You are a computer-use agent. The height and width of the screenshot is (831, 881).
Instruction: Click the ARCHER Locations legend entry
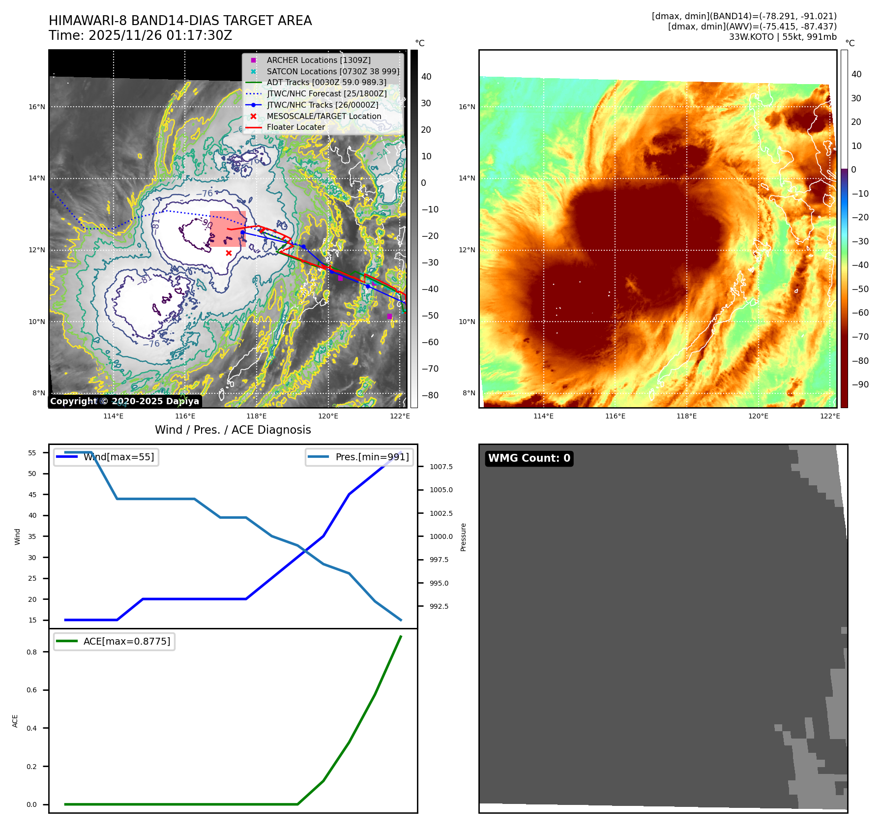pos(319,60)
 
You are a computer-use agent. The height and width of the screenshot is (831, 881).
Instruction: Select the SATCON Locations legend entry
pos(333,71)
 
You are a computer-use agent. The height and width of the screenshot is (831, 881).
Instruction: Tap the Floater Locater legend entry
pos(295,127)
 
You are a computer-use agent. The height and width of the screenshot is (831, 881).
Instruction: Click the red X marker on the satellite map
pos(229,253)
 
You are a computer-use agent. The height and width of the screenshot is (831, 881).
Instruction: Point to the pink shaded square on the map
pos(228,229)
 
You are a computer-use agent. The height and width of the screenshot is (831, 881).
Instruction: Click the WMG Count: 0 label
pos(529,458)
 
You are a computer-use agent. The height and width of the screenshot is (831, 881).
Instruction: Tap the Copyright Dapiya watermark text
pos(124,401)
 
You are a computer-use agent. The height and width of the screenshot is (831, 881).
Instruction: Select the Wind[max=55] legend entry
pos(118,457)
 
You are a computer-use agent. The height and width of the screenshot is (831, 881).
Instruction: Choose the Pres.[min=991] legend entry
pos(372,457)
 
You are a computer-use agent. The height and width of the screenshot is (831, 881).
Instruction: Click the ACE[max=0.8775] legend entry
pos(126,641)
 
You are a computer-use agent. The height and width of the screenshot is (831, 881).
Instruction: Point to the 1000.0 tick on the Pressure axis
pos(441,536)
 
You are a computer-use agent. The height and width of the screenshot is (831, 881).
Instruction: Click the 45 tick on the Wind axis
pos(32,495)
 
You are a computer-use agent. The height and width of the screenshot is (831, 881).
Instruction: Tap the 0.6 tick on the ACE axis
pos(32,690)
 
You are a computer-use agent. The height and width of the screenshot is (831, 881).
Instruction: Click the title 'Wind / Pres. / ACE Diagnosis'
pos(233,430)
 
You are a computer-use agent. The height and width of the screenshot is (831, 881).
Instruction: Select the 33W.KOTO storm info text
pos(782,37)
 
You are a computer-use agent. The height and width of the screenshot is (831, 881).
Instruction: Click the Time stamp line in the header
pos(141,35)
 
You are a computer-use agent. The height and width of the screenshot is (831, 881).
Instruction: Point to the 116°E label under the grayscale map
pos(185,416)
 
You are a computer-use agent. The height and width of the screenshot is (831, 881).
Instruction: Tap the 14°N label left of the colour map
pos(467,178)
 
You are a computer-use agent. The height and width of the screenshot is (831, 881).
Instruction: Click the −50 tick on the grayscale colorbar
pos(430,316)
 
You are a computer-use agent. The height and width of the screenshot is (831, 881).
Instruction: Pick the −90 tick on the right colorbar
pos(860,385)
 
